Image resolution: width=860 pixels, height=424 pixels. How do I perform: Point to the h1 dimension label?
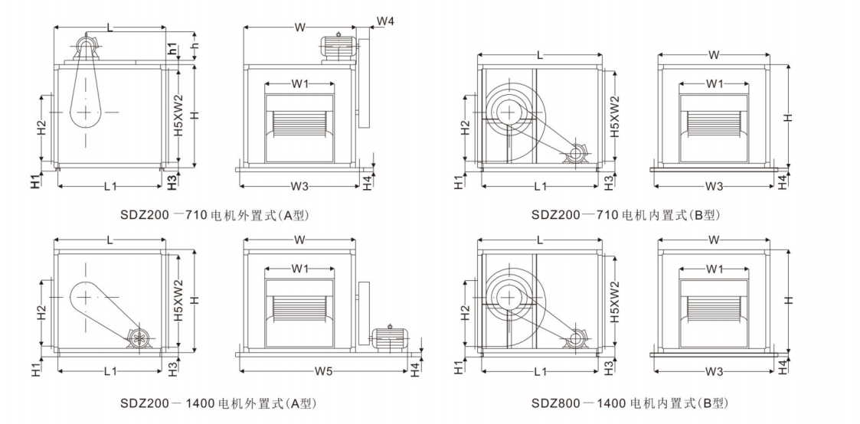tap(174, 47)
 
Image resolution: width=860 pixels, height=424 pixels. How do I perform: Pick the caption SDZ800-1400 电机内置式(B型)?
tap(629, 403)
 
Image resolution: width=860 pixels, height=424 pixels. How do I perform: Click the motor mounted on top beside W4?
tap(338, 46)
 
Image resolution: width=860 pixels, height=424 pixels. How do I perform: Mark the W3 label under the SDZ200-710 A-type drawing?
tap(299, 186)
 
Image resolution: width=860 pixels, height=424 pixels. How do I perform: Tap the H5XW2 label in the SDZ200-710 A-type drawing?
tap(178, 116)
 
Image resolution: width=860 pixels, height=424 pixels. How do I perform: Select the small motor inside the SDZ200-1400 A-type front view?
tap(140, 340)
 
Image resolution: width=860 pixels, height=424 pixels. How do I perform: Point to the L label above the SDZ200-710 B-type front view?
tap(541, 56)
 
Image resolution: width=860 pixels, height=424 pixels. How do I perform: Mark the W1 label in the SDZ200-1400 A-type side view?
tap(299, 269)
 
